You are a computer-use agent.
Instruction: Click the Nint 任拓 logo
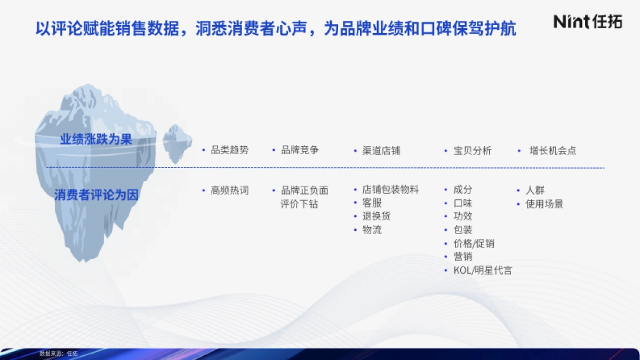click(588, 21)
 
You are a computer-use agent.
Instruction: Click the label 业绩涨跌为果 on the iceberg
click(96, 140)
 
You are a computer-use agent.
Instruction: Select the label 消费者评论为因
click(96, 195)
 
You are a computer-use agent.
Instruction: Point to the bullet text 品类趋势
click(229, 150)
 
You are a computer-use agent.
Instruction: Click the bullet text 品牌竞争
click(300, 150)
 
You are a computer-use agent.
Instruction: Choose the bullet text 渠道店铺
click(381, 151)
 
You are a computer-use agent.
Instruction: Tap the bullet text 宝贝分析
click(472, 151)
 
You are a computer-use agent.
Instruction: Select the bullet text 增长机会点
click(553, 151)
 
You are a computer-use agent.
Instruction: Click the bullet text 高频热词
click(229, 190)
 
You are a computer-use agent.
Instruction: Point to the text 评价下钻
click(299, 204)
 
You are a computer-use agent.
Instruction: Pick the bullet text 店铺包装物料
click(390, 190)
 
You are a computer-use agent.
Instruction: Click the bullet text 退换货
click(376, 217)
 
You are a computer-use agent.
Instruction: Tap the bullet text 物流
click(372, 230)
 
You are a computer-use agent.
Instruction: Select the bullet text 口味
click(462, 203)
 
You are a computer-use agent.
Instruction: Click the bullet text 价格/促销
click(474, 244)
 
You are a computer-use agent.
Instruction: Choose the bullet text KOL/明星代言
click(482, 270)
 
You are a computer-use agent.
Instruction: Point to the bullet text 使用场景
click(544, 204)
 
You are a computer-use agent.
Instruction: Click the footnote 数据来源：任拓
click(59, 353)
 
